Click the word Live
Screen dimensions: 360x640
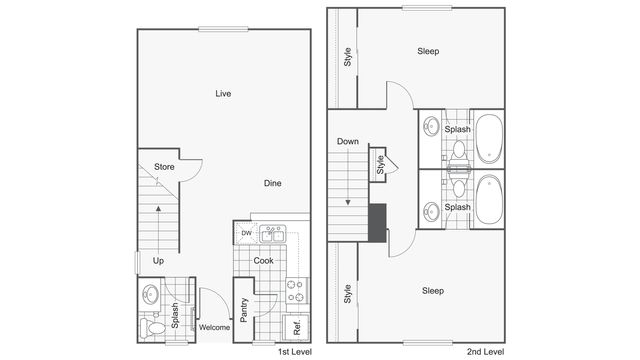click(x=223, y=94)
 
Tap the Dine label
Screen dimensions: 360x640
click(x=272, y=183)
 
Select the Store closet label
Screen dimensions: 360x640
click(x=164, y=167)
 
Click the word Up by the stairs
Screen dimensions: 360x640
click(x=158, y=261)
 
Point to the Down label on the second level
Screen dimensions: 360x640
click(x=348, y=141)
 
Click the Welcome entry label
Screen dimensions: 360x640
click(x=214, y=327)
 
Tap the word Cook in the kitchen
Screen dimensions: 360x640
click(x=263, y=261)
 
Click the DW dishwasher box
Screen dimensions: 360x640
click(x=246, y=234)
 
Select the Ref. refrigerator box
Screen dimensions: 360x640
click(x=296, y=327)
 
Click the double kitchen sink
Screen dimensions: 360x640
click(x=273, y=234)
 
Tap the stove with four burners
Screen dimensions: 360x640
click(x=296, y=291)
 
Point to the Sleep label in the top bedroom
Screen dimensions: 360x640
click(x=428, y=51)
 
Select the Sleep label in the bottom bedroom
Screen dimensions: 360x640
click(x=432, y=291)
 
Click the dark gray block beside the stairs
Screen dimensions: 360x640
click(x=378, y=222)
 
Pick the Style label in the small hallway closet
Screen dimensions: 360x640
click(x=381, y=163)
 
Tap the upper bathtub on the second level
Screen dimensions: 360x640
click(x=489, y=139)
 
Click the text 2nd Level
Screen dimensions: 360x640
click(x=485, y=351)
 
